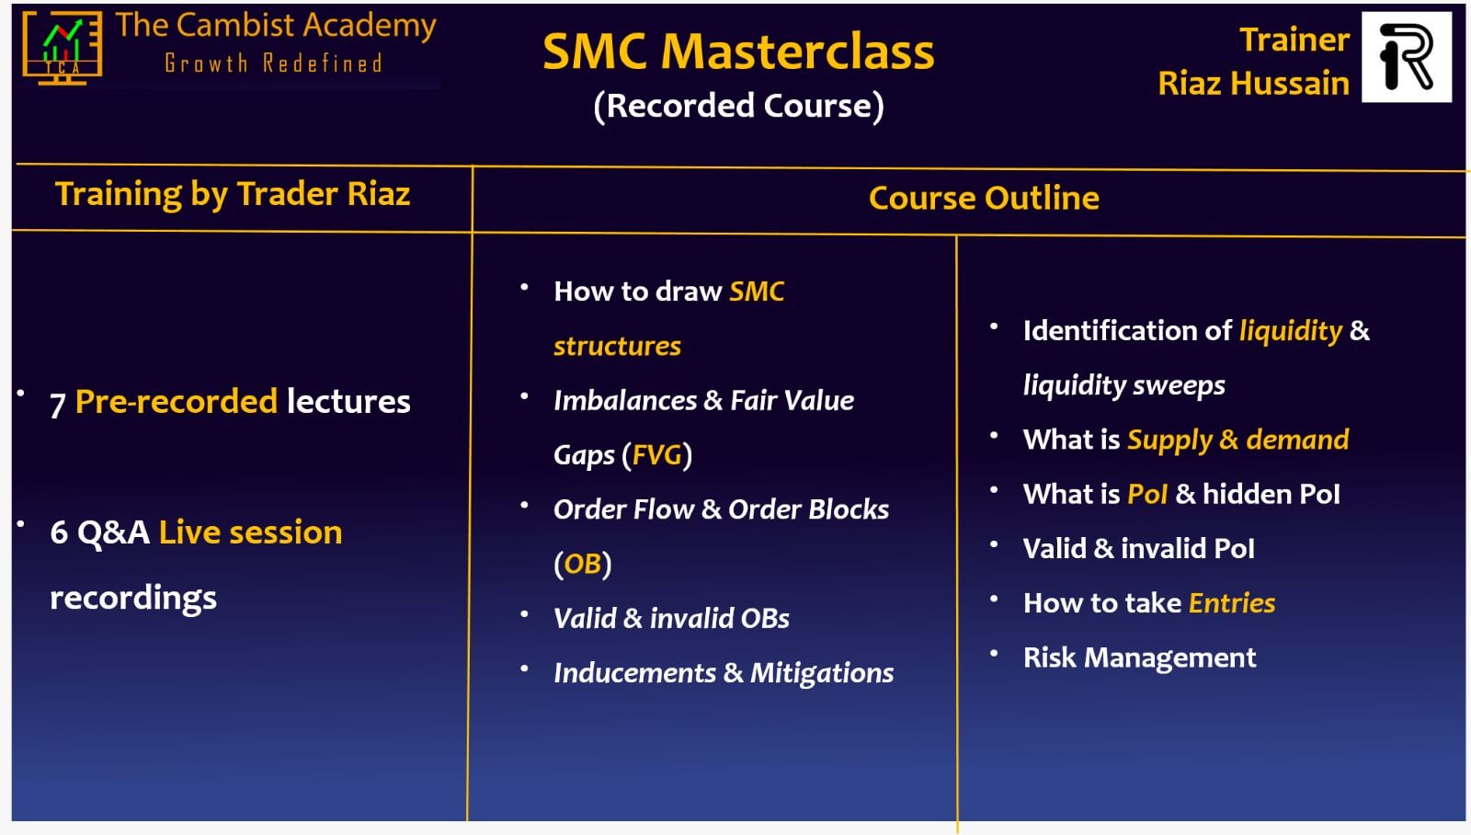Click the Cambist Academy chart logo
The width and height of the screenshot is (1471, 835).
[x=63, y=48]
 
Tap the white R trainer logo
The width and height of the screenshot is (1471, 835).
[x=1407, y=56]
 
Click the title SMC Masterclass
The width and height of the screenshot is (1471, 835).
[x=738, y=51]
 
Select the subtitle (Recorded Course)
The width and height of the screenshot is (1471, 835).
[x=739, y=106]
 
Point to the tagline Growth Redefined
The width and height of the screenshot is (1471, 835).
[x=273, y=63]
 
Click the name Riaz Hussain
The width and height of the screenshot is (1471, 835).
[x=1253, y=84]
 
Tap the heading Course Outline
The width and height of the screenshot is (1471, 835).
[x=984, y=198]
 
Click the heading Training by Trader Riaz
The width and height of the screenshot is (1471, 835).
[x=233, y=194]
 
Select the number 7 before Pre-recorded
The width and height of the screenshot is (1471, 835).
[x=58, y=404]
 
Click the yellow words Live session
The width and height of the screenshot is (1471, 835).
[x=250, y=532]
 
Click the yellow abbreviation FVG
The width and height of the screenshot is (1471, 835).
[x=656, y=454]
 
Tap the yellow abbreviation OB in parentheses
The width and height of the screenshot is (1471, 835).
[x=583, y=564]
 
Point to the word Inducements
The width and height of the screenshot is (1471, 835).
[x=634, y=673]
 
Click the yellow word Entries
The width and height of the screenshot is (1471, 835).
[x=1232, y=603]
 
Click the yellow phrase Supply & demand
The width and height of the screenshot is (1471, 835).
[x=1237, y=440]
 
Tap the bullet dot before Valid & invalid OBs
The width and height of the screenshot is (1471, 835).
[x=524, y=614]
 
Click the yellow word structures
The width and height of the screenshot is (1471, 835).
[x=617, y=346]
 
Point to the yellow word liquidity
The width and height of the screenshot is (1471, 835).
[x=1291, y=331]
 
